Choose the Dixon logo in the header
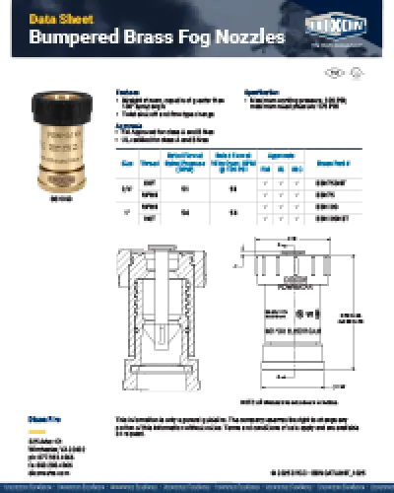[x=337, y=25]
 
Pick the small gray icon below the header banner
[x=354, y=68]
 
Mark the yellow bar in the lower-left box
[x=36, y=430]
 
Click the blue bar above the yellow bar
[x=36, y=418]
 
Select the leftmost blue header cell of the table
[x=125, y=163]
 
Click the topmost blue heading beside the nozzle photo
[x=128, y=92]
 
